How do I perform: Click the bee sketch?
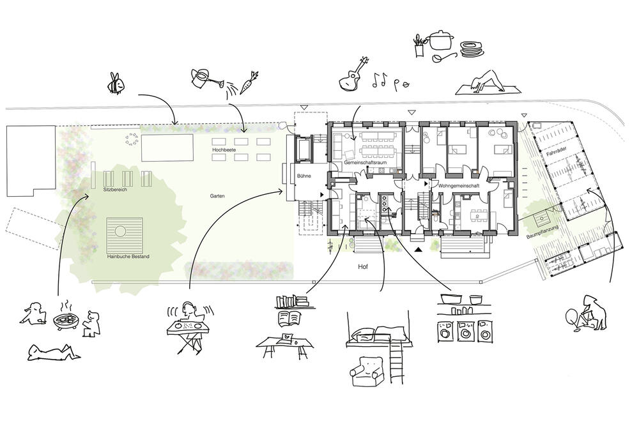116,84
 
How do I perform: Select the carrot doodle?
249,82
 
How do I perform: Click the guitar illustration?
353,75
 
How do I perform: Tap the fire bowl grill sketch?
66,318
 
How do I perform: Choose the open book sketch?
289,317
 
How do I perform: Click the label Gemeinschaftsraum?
365,162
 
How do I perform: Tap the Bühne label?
304,176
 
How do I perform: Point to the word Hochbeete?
224,150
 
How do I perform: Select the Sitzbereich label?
115,190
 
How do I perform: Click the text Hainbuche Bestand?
128,257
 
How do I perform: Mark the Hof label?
363,267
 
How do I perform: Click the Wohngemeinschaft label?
459,186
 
